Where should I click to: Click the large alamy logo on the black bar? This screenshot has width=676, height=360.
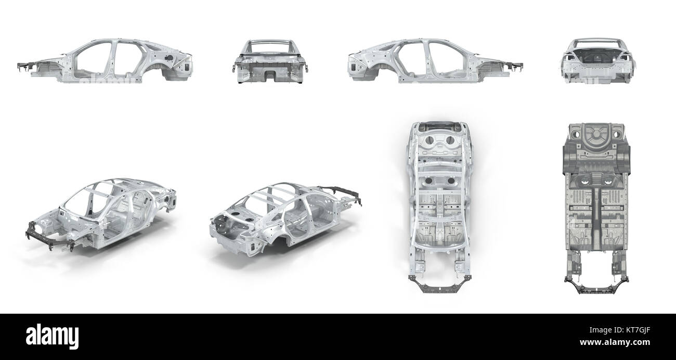pyautogui.click(x=52, y=337)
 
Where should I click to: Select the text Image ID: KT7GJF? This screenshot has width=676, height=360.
pyautogui.click(x=620, y=330)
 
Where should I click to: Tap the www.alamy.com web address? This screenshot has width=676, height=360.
pyautogui.click(x=615, y=342)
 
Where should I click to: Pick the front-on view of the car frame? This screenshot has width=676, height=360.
pyautogui.click(x=270, y=61)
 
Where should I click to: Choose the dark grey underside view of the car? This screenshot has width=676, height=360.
pyautogui.click(x=596, y=209)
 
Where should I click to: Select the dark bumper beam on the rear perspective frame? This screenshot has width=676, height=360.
pyautogui.click(x=343, y=194)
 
